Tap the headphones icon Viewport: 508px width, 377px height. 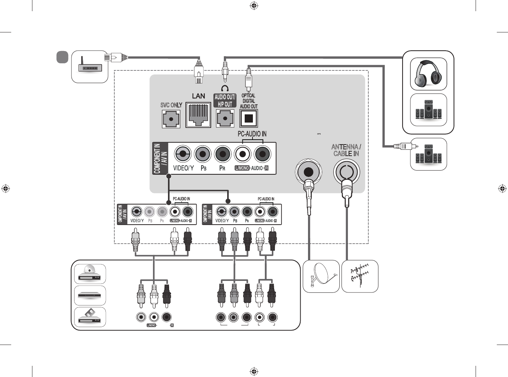point(428,74)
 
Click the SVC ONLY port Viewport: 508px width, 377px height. point(171,119)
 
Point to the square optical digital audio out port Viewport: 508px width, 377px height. point(248,119)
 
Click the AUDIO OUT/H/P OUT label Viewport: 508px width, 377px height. point(225,101)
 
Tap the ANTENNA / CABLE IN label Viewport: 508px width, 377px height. point(346,150)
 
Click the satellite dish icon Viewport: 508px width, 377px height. point(321,276)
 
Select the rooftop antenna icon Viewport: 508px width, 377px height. point(360,276)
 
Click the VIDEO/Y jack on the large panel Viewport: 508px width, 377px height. point(183,154)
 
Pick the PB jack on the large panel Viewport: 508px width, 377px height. point(203,154)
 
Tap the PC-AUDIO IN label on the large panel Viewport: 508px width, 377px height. point(252,134)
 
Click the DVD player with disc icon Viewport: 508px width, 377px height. point(90,274)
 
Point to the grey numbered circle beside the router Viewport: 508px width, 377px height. point(63,57)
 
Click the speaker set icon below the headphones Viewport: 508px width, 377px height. point(428,110)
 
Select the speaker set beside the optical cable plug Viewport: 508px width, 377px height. point(428,154)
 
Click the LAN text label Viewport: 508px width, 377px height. point(199,96)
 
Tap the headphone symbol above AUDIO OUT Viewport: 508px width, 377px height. point(225,89)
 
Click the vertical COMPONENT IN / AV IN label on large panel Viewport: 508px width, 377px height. point(160,158)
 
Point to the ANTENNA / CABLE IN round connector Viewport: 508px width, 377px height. point(346,172)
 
